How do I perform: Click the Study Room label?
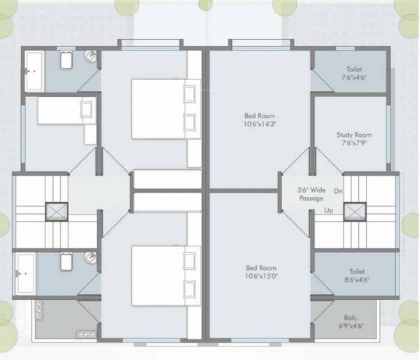click(354, 134)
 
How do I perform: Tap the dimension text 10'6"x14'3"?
click(260, 124)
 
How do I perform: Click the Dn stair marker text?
click(338, 191)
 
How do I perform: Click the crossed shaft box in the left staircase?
click(57, 211)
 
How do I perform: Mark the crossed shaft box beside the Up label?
click(355, 210)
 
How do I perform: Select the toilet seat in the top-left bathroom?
click(66, 62)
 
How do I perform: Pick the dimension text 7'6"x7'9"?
click(354, 143)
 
